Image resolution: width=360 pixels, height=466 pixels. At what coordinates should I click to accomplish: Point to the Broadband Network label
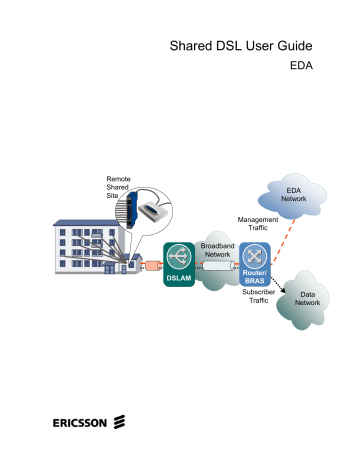[x=217, y=250]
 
